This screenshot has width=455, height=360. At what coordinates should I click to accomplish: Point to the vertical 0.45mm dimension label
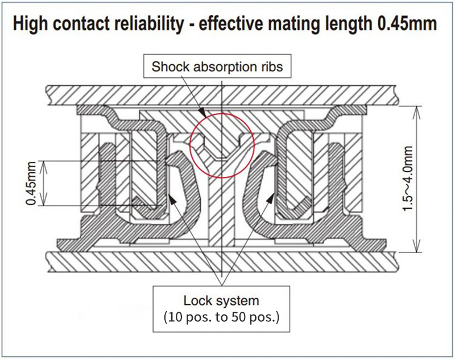coord(32,183)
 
